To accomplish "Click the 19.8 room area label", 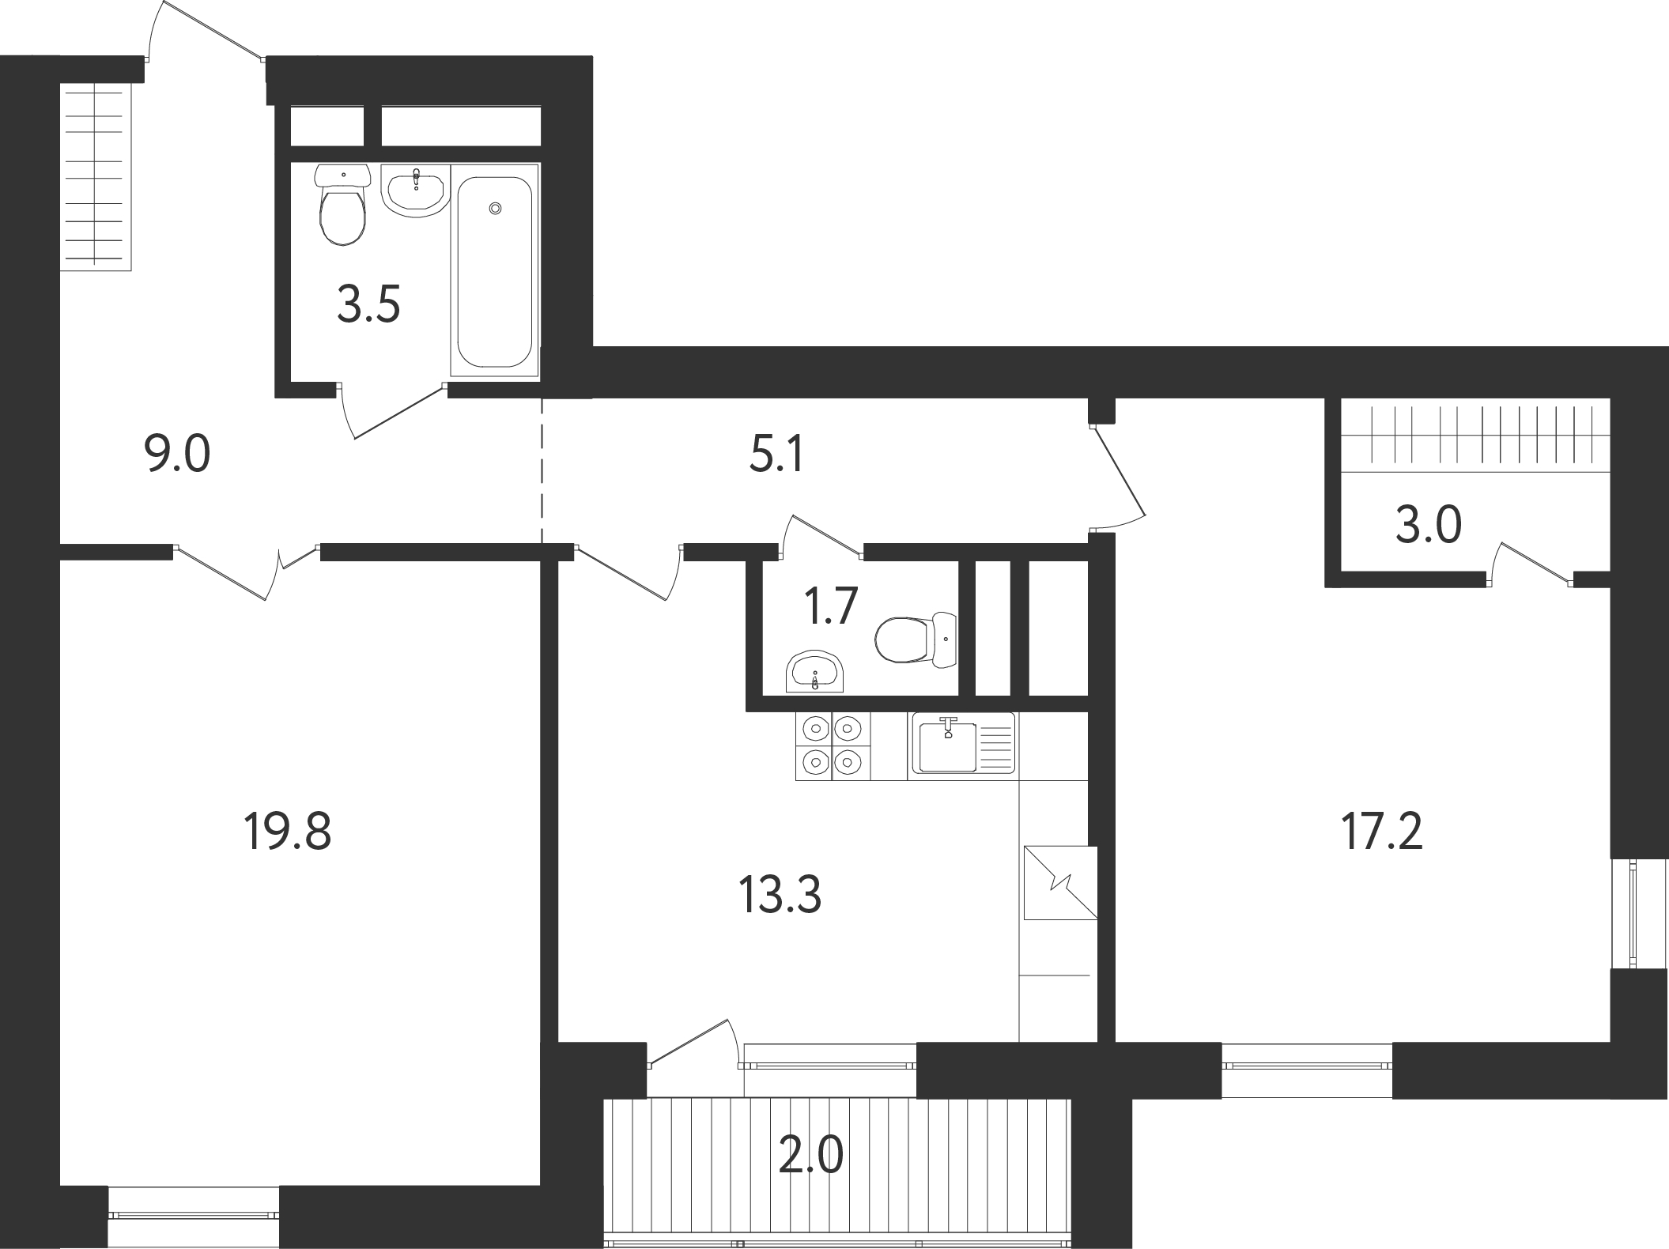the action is click(x=288, y=832).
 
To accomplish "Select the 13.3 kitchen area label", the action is click(x=780, y=896).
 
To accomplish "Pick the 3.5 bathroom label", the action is click(x=369, y=304).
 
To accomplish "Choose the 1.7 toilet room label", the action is click(x=831, y=607).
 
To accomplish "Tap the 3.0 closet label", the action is click(x=1428, y=525).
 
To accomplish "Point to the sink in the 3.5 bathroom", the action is click(x=415, y=190).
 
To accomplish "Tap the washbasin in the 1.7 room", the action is click(x=816, y=673).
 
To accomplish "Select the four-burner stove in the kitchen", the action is click(x=833, y=745).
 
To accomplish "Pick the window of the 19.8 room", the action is click(x=194, y=1217).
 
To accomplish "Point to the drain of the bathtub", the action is click(x=496, y=208).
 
